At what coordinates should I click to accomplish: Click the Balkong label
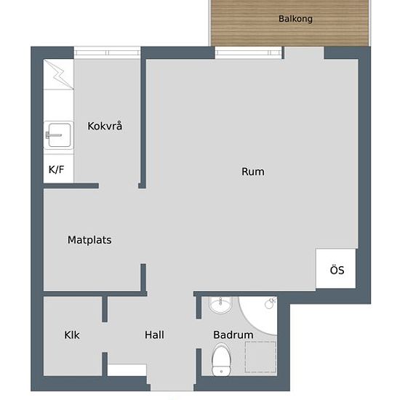[x=295, y=19]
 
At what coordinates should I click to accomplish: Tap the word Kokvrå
[x=105, y=126]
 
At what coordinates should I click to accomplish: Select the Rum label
[x=253, y=172]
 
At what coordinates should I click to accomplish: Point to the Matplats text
[x=89, y=240]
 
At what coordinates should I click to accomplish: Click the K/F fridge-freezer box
[x=58, y=169]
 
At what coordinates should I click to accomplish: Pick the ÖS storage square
[x=336, y=268]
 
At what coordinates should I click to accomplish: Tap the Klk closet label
[x=72, y=335]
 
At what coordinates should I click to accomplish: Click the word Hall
[x=154, y=335]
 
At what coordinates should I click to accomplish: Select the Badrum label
[x=233, y=335]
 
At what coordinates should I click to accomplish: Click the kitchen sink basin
[x=60, y=135]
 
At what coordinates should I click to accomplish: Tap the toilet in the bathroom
[x=221, y=360]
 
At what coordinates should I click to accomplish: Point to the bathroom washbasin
[x=220, y=305]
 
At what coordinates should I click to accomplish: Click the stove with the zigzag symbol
[x=58, y=74]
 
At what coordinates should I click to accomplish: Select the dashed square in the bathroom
[x=260, y=357]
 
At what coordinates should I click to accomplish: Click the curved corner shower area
[x=258, y=316]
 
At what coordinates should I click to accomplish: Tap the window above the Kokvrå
[x=107, y=53]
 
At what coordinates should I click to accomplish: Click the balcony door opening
[x=304, y=53]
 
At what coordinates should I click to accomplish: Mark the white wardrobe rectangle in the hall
[x=127, y=370]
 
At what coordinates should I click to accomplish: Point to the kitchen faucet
[x=53, y=135]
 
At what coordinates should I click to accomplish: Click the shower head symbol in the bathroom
[x=271, y=303]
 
